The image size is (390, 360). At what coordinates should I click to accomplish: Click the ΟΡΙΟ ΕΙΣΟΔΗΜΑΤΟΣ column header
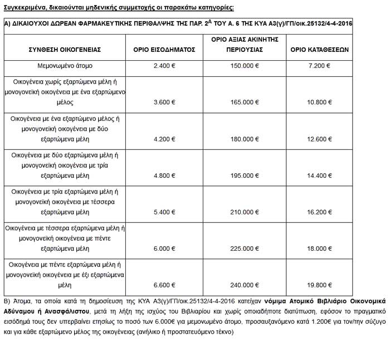coord(164,49)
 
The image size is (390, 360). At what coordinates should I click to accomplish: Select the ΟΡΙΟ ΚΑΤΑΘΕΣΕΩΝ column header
coord(320,49)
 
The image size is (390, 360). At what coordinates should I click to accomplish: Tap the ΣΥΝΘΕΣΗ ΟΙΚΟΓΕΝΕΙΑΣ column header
coord(65,49)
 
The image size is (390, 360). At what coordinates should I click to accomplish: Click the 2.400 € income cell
coord(164,66)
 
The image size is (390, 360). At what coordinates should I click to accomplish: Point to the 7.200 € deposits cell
coord(320,66)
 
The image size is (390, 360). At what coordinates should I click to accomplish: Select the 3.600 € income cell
coord(164,103)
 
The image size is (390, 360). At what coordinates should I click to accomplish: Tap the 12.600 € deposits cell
coord(320,139)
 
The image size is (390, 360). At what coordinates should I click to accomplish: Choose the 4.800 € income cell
coord(164,176)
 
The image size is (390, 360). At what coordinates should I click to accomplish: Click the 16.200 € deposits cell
coord(320,212)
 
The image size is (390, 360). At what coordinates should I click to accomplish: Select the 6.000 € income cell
coord(164,249)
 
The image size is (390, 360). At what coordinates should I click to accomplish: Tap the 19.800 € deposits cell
coord(320,285)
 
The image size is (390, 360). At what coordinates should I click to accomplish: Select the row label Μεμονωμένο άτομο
coord(65,66)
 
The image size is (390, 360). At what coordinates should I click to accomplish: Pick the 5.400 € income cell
coord(164,212)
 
